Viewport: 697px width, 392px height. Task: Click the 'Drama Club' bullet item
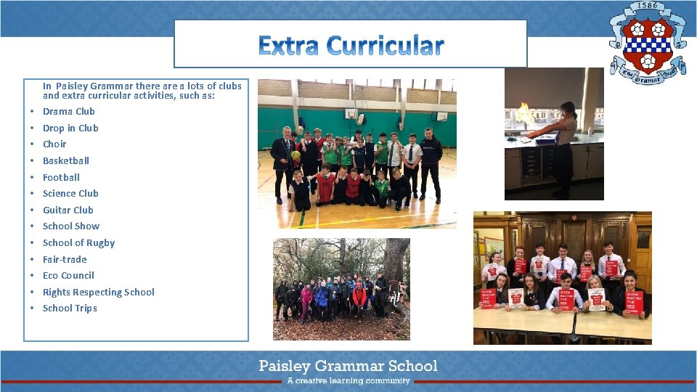(x=68, y=111)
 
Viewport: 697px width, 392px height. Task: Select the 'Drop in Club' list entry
(x=70, y=128)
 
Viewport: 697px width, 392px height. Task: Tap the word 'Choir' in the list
(x=54, y=144)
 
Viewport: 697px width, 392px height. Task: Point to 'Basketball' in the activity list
(x=65, y=160)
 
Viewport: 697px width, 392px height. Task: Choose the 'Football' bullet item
(x=61, y=177)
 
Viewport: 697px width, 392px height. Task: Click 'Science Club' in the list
(x=70, y=193)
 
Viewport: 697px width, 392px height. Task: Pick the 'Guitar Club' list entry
(x=68, y=210)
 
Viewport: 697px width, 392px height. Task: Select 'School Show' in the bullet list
(x=71, y=226)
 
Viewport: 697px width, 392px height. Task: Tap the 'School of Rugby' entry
(x=78, y=242)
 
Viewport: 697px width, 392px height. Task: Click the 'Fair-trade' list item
(x=65, y=259)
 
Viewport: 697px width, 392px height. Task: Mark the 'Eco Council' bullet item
(x=68, y=275)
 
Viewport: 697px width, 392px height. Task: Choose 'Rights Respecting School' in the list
(x=98, y=292)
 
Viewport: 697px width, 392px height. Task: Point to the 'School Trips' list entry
(x=70, y=308)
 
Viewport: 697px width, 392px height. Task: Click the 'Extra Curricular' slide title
(x=350, y=46)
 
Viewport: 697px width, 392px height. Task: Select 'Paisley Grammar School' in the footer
(x=348, y=365)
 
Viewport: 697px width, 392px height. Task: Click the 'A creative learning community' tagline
(x=348, y=380)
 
